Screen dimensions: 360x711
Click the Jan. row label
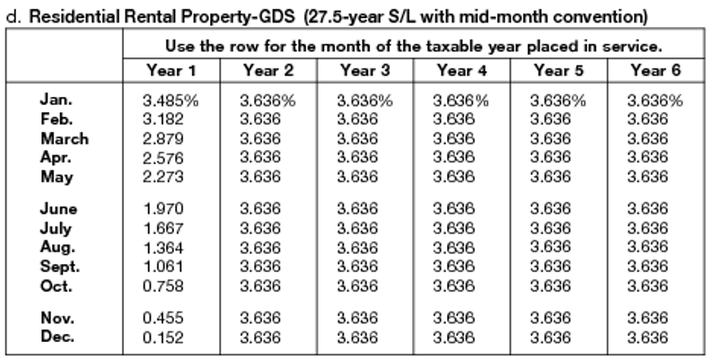pyautogui.click(x=57, y=101)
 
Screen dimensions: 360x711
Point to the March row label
pyautogui.click(x=65, y=139)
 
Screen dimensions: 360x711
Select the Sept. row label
pyautogui.click(x=61, y=267)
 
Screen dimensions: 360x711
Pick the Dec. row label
pyautogui.click(x=58, y=338)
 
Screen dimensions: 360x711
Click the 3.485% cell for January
pyautogui.click(x=171, y=101)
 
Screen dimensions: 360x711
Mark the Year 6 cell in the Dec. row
pyautogui.click(x=647, y=338)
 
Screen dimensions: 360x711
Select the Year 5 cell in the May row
pyautogui.click(x=550, y=177)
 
